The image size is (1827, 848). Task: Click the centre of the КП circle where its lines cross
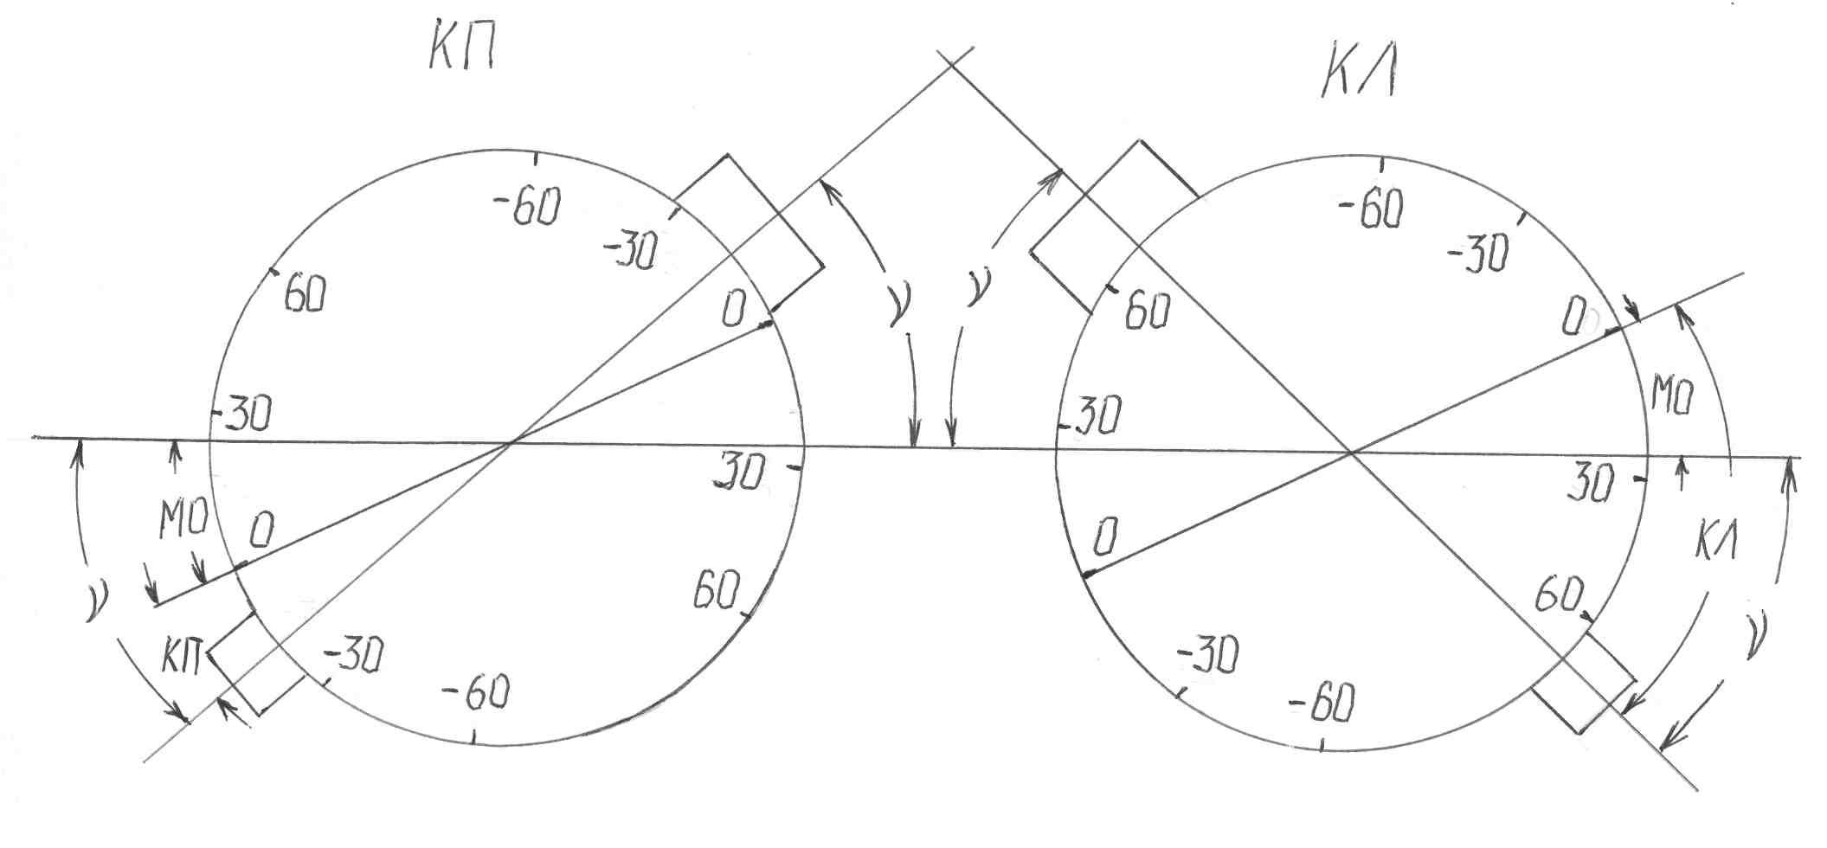(511, 443)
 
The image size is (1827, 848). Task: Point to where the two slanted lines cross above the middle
(950, 63)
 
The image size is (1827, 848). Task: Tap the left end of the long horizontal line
(33, 438)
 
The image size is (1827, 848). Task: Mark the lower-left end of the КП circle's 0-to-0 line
(154, 606)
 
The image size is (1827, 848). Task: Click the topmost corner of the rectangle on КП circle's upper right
(727, 154)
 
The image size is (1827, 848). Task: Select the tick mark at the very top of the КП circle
(538, 159)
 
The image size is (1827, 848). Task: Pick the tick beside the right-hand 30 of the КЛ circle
(1638, 477)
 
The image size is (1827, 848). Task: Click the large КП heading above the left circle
(461, 52)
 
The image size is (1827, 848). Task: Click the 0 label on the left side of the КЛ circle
(1105, 537)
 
